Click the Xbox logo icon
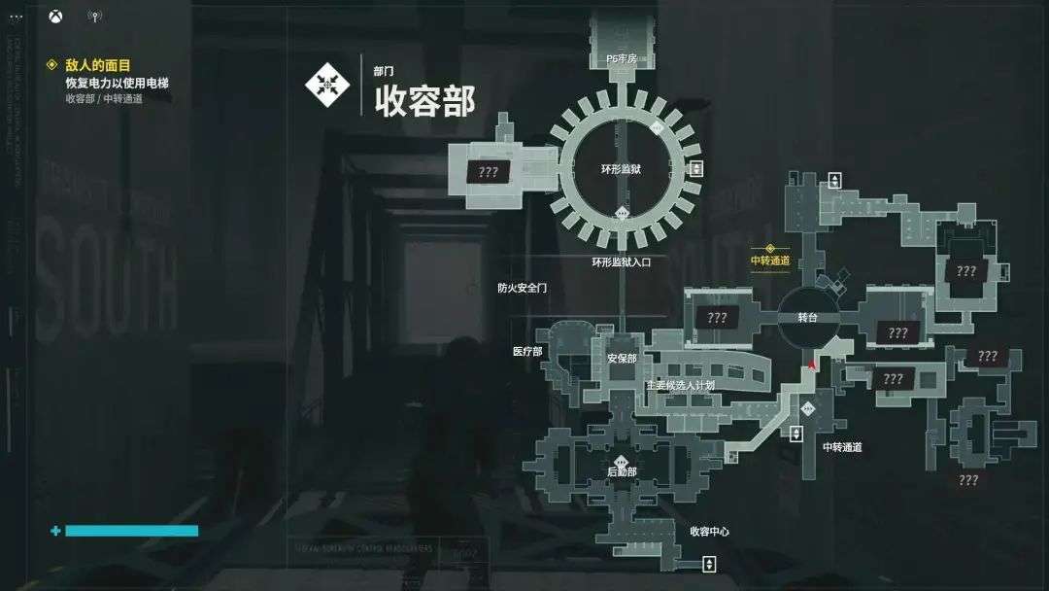tap(58, 16)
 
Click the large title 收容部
tap(424, 100)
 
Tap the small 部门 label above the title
tap(384, 71)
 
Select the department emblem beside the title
tap(327, 84)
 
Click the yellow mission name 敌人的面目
tap(98, 65)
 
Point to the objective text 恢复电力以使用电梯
tap(117, 83)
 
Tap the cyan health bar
tap(130, 531)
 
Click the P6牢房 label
tap(622, 59)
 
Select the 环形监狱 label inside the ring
tap(622, 169)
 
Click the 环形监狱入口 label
tap(622, 261)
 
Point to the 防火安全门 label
tap(523, 288)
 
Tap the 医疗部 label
tap(527, 351)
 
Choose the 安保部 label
tap(622, 359)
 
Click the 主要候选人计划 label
tap(680, 385)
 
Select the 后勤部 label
tap(622, 471)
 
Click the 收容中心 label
tap(709, 532)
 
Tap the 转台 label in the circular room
tap(808, 318)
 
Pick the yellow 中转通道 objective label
tap(770, 261)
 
